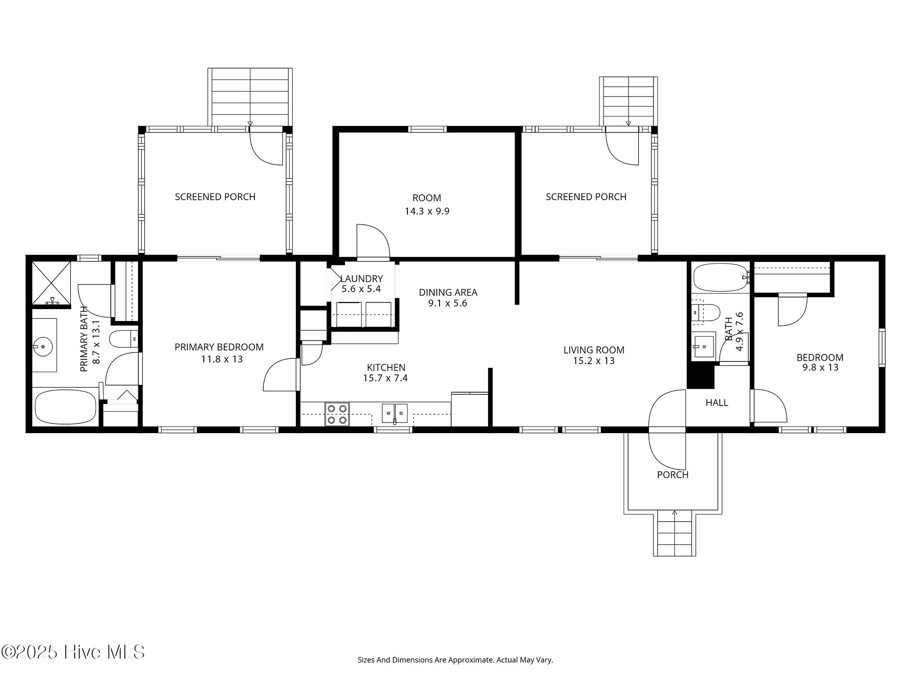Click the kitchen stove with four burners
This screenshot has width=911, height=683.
(337, 414)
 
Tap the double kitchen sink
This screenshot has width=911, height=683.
(395, 413)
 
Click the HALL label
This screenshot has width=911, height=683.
(717, 403)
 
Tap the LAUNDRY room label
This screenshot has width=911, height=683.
(361, 279)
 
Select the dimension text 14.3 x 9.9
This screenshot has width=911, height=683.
(427, 211)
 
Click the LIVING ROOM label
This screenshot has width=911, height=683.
(594, 350)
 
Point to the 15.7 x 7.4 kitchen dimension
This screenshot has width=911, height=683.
(385, 378)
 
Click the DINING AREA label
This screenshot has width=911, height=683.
(448, 293)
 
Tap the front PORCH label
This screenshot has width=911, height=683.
(673, 475)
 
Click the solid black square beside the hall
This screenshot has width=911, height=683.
(701, 376)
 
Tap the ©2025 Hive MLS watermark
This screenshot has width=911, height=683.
(73, 652)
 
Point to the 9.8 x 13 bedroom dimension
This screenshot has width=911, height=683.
(820, 368)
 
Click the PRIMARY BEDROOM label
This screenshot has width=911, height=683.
(219, 347)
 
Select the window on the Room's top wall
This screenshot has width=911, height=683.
(427, 129)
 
